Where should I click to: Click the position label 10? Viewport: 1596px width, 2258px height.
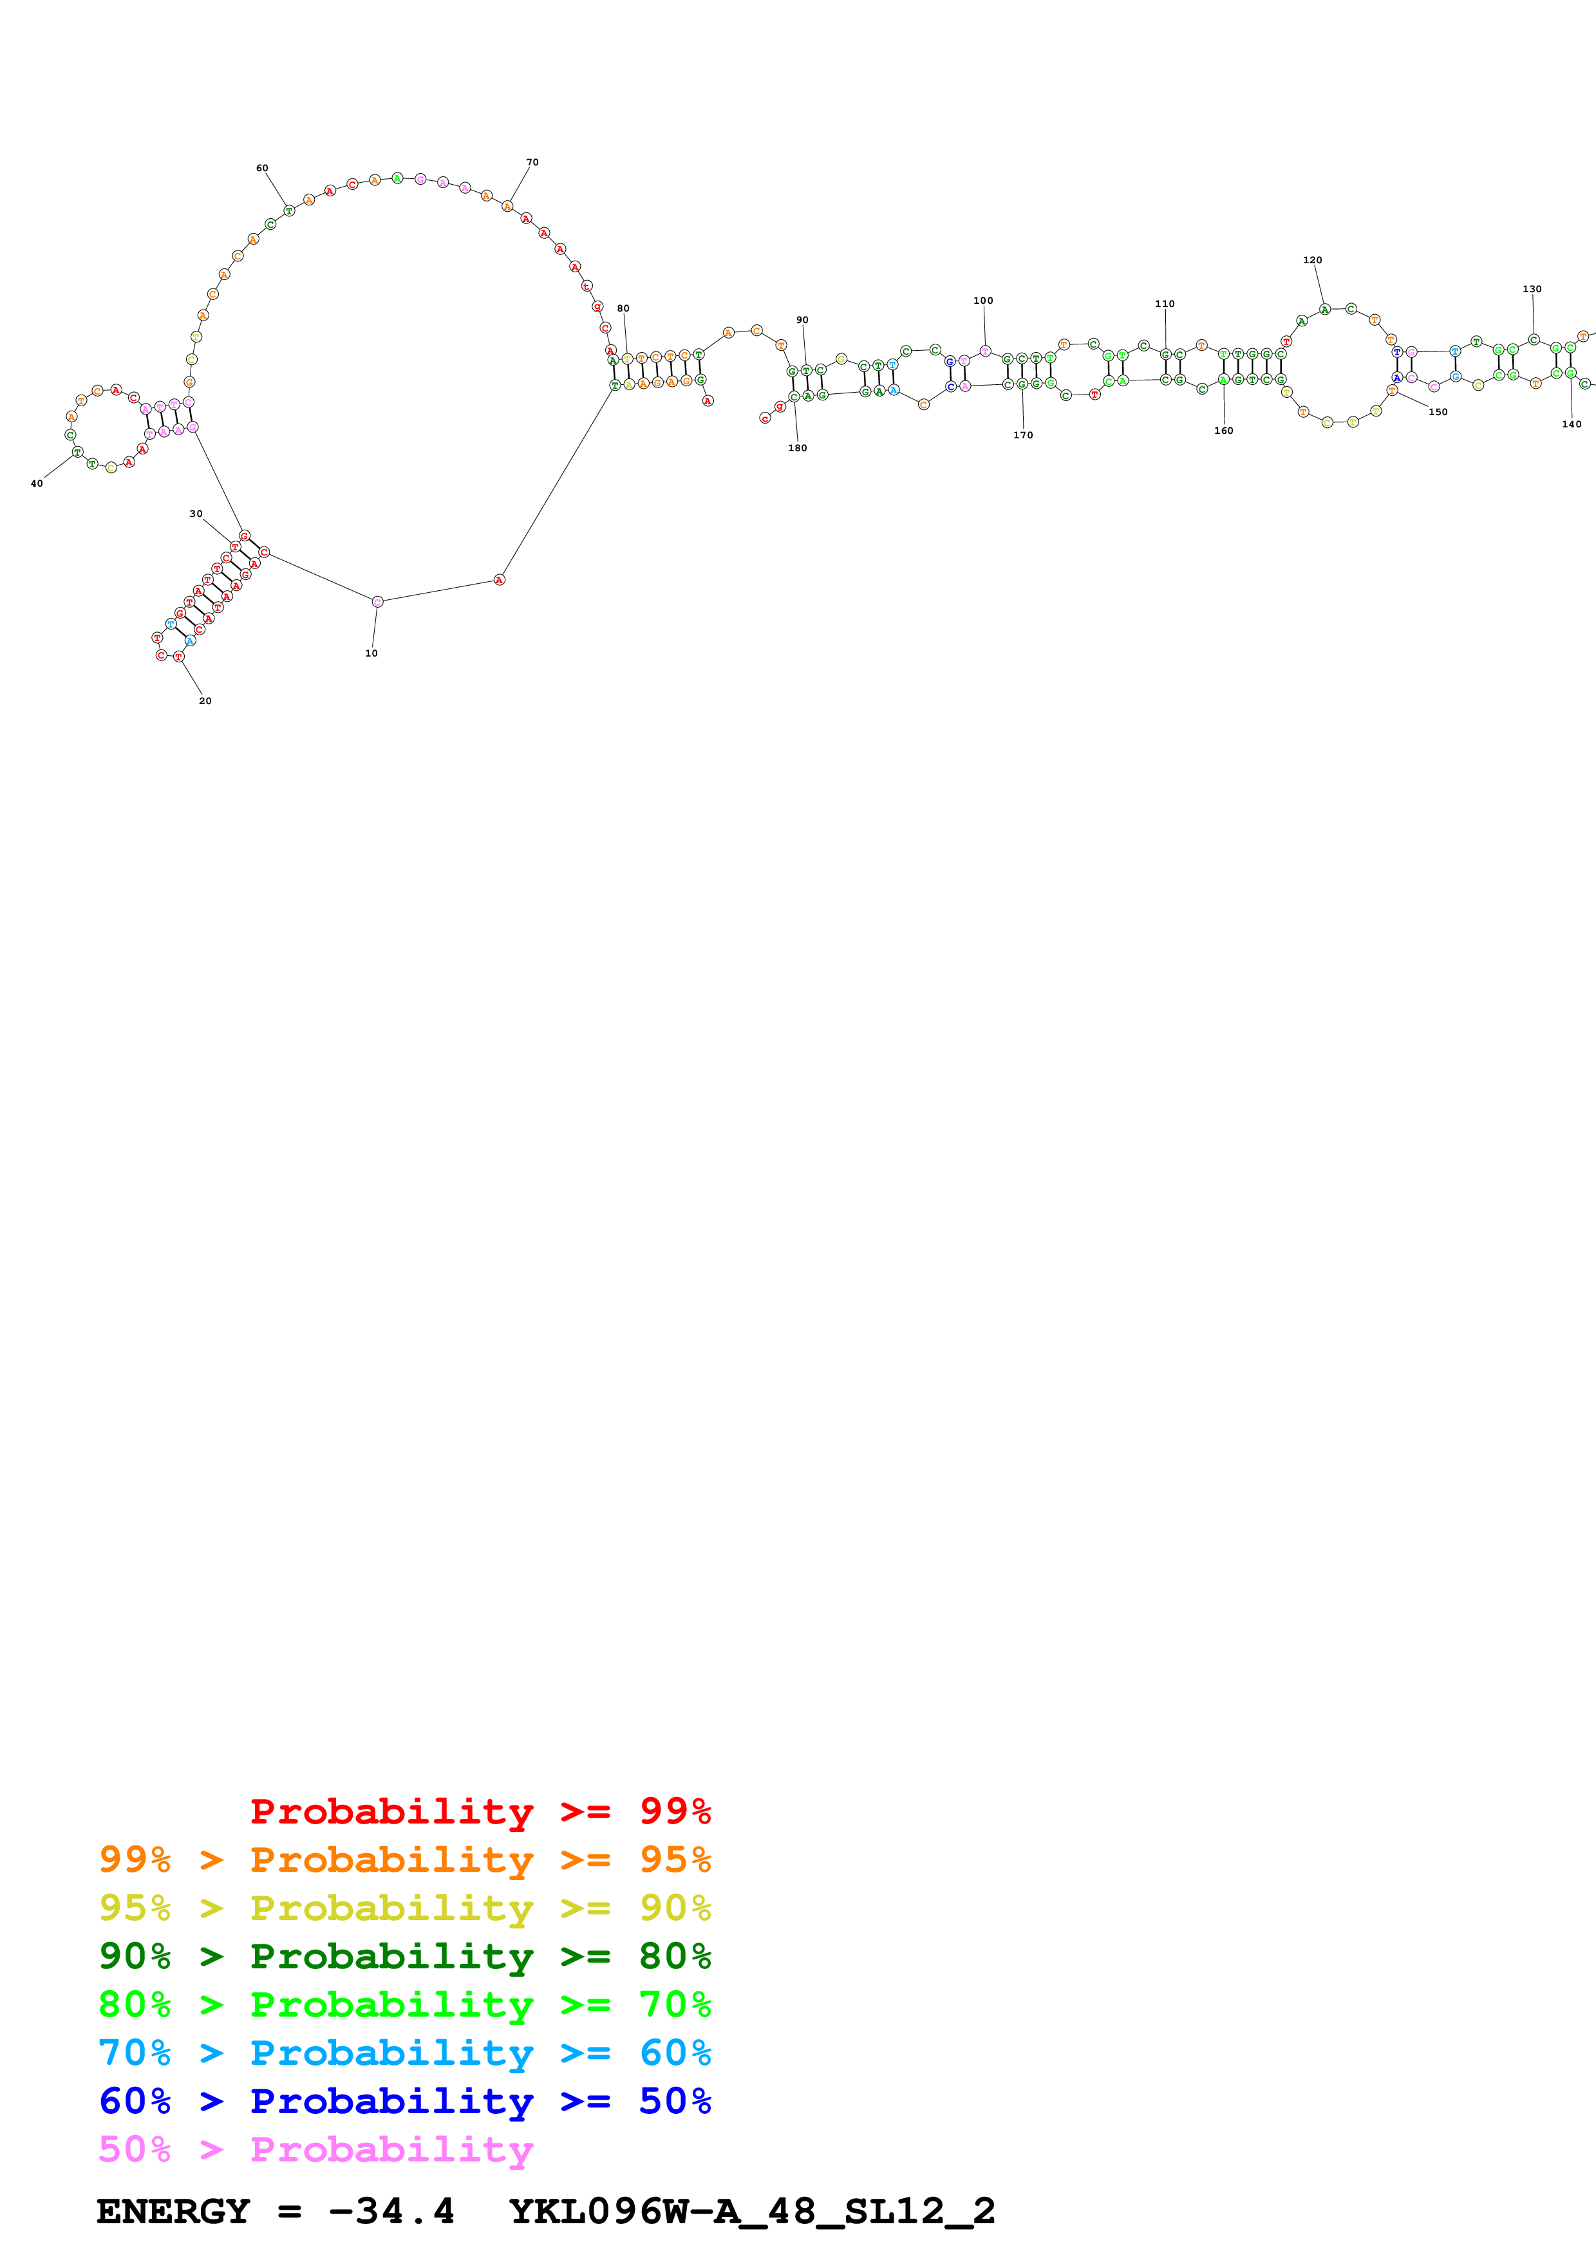click(x=371, y=653)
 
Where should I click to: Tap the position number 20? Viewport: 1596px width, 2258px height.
click(x=205, y=701)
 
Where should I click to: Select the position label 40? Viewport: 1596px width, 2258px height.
click(x=37, y=484)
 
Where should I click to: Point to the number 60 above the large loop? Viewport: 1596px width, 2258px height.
click(x=261, y=168)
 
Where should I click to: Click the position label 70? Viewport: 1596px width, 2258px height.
click(x=532, y=162)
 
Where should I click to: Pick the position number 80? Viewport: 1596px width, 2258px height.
click(x=623, y=309)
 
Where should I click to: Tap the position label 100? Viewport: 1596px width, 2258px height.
click(x=982, y=301)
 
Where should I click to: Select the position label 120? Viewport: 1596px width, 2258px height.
click(x=1312, y=261)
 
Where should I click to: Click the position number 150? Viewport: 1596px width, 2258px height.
click(x=1438, y=412)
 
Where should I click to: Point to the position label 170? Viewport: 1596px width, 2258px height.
click(x=1023, y=434)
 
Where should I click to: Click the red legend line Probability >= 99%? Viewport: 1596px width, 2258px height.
click(x=480, y=1811)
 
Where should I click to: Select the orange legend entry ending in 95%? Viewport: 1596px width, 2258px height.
click(x=404, y=1860)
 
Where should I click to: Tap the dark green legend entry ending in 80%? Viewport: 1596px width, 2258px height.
click(x=404, y=1956)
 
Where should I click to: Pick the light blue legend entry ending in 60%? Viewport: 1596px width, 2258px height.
click(x=404, y=2053)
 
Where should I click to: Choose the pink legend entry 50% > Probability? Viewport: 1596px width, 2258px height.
click(x=315, y=2149)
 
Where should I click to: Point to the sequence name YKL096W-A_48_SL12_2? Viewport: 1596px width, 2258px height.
click(x=752, y=2212)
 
